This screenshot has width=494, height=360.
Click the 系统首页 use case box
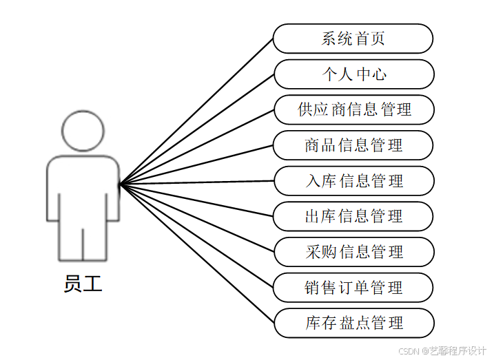(x=353, y=39)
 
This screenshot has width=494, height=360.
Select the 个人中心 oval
(x=353, y=74)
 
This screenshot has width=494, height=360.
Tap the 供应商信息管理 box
(x=353, y=110)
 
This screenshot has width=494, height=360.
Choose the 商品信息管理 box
(x=353, y=145)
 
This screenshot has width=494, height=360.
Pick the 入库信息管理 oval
(x=353, y=181)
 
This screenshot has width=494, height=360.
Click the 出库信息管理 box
(x=353, y=216)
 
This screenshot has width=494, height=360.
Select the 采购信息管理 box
(x=353, y=252)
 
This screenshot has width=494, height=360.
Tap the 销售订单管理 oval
(x=353, y=288)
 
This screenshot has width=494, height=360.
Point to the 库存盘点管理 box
(x=353, y=323)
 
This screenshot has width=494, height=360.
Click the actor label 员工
(x=83, y=284)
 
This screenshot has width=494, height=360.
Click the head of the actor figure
(x=83, y=131)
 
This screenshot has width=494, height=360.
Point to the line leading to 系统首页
(x=196, y=112)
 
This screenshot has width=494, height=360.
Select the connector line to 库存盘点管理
(x=196, y=253)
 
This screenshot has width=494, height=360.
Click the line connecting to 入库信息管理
(x=196, y=183)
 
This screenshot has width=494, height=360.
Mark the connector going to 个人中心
(x=196, y=129)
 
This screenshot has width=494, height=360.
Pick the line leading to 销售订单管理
(x=196, y=235)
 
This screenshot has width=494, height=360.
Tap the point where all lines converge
(x=120, y=184)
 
